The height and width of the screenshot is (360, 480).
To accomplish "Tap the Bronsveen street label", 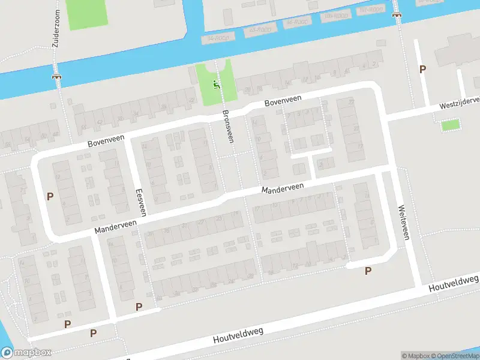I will (227, 126).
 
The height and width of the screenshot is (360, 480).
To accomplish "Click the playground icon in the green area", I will (217, 85).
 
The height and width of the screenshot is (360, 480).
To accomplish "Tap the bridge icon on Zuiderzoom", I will (57, 76).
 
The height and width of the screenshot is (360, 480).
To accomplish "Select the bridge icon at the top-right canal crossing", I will (397, 14).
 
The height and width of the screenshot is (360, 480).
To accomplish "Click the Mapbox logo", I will (26, 353).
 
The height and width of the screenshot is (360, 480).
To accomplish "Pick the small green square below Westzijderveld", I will (450, 125).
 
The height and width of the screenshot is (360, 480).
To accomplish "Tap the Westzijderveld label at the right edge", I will (459, 103).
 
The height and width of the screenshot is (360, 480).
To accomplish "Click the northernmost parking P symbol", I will (422, 69).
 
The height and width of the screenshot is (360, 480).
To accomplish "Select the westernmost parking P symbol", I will (50, 196).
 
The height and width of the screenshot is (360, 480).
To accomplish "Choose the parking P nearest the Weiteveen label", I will (368, 271).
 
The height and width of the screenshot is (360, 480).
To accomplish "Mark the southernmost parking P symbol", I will (93, 333).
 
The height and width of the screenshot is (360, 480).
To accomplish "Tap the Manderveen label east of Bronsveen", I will (282, 188).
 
